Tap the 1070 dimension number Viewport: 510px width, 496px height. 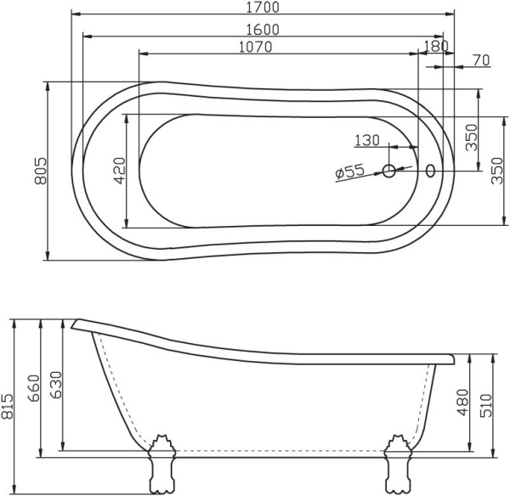pyautogui.click(x=255, y=47)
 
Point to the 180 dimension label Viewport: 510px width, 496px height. pyautogui.click(x=434, y=47)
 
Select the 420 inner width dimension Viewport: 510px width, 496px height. pyautogui.click(x=119, y=171)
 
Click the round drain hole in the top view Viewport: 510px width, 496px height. pyautogui.click(x=389, y=172)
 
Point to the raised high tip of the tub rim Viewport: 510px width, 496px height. pyautogui.click(x=76, y=324)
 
